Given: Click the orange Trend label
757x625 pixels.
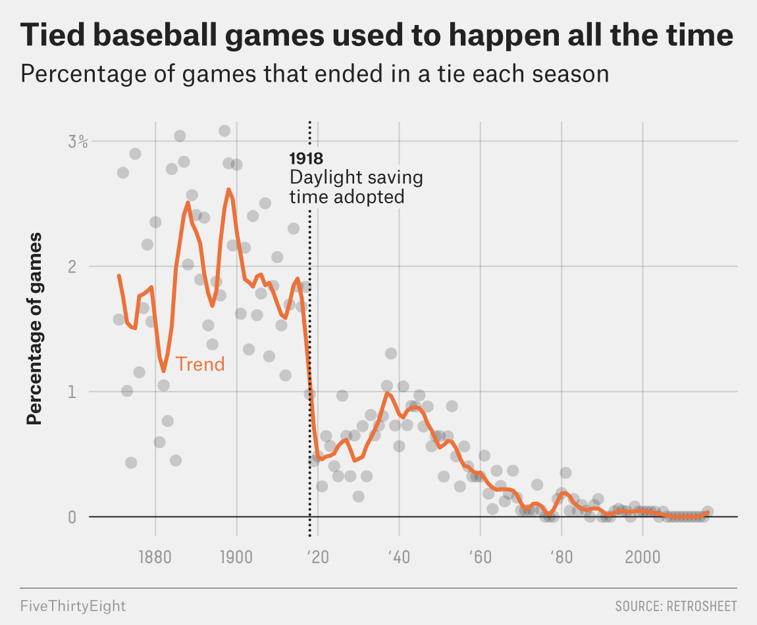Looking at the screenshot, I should pos(200,364).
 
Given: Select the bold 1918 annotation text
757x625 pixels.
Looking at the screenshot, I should pos(306,159).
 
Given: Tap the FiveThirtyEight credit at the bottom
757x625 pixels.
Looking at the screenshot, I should pos(72,605).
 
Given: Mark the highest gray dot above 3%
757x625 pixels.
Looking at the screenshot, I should pos(224,131).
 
